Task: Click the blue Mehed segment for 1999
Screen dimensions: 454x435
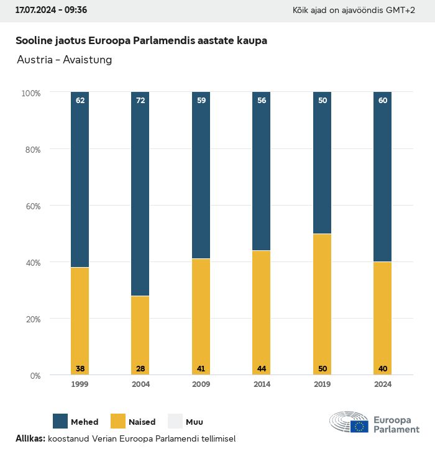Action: point(80,180)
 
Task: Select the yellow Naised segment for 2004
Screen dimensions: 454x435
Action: point(140,335)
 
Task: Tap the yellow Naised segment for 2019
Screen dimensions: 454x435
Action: point(322,304)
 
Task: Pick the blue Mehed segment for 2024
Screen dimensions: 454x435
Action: point(382,177)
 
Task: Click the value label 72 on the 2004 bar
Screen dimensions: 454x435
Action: point(140,100)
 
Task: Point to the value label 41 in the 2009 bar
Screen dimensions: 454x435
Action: point(201,369)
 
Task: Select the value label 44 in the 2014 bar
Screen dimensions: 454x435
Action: point(262,369)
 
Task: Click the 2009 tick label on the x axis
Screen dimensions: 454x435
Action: point(201,384)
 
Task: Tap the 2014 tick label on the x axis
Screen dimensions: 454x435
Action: point(262,384)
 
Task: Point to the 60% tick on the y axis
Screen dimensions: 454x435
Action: point(31,206)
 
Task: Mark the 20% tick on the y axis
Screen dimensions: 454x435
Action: point(31,319)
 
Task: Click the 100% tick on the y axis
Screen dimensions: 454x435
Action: point(30,93)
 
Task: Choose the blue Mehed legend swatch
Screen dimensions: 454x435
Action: point(60,421)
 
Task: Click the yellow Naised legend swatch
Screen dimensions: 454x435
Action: point(117,421)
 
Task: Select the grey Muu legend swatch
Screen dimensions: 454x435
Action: point(175,421)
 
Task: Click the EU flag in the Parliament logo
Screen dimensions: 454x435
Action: point(359,426)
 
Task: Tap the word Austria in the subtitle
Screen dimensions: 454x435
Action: point(34,60)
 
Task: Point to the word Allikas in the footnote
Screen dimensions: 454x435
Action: point(30,438)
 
